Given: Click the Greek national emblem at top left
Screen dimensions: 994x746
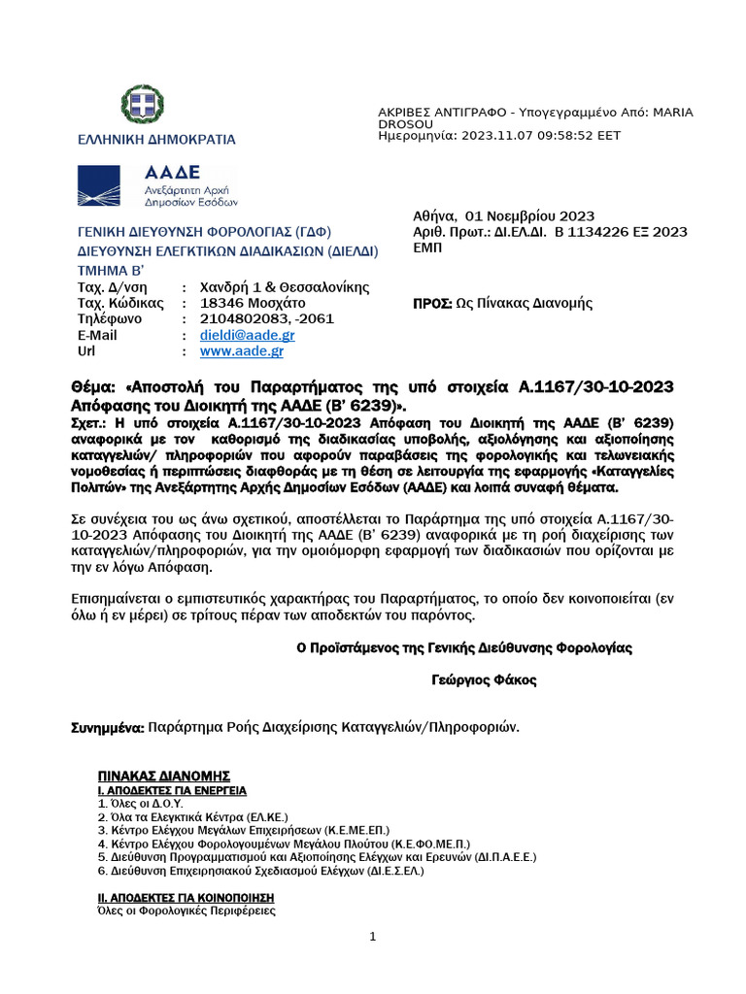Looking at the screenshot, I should coord(143,106).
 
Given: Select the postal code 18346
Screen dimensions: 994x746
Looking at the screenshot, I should coord(220,303).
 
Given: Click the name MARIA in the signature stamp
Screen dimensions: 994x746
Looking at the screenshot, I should coord(673,113).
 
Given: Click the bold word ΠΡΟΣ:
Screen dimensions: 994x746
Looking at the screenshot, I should coord(433,303).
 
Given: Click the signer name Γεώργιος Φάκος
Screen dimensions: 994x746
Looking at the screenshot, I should coord(484,680).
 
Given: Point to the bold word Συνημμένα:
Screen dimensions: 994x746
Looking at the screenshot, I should coord(109,726).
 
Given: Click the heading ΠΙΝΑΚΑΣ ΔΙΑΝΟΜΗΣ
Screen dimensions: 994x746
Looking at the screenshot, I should coord(163,776).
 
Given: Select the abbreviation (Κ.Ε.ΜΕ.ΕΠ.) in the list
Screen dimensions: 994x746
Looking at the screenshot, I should coord(330,831).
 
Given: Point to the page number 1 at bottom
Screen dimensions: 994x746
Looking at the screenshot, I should coord(373,936).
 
